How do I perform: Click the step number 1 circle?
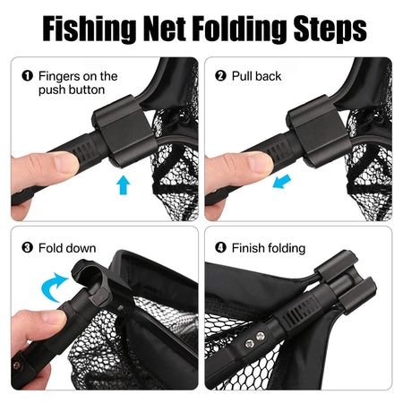point(27,76)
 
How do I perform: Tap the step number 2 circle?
point(220,76)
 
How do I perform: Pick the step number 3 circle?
point(27,248)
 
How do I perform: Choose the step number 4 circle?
point(220,248)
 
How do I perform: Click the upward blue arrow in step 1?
point(123,184)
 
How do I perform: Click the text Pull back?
point(258,76)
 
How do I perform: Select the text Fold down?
point(67,248)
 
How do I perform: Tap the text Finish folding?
point(269,248)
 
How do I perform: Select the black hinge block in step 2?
point(318,129)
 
